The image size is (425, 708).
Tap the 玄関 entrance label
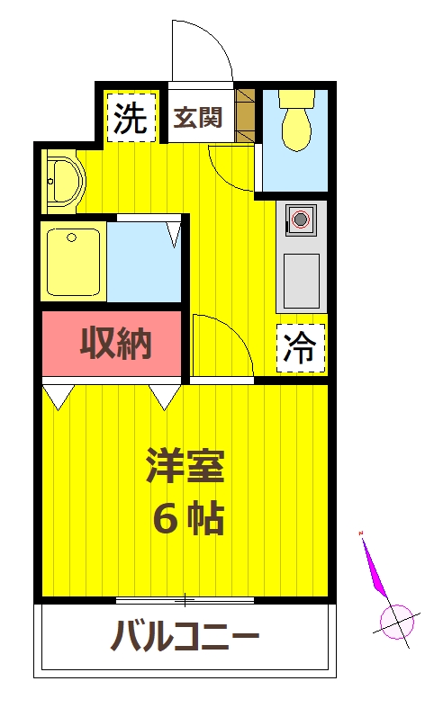coord(198,118)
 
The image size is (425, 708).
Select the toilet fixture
coord(294,119)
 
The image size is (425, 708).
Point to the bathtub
coord(73,262)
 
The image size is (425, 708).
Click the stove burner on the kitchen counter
coord(301,219)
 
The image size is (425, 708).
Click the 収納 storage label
coord(115,342)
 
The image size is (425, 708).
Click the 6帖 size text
coord(187,517)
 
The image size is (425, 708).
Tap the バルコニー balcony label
coord(185,639)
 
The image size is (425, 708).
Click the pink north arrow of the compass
coord(376,569)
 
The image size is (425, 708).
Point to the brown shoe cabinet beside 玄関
coord(246,115)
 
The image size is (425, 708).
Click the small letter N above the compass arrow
coord(361,533)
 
